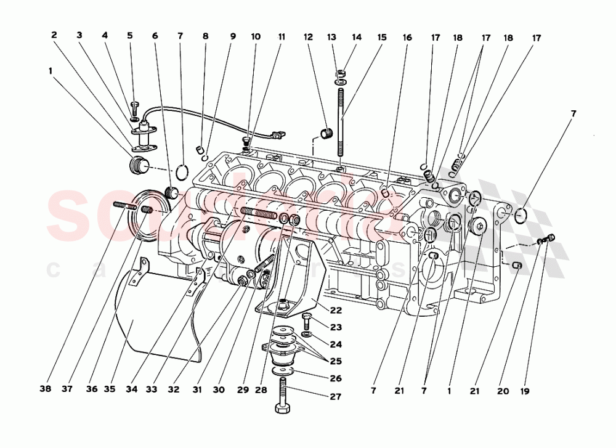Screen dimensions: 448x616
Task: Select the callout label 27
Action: [x=335, y=397]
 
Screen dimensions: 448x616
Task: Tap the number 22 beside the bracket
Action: [x=335, y=310]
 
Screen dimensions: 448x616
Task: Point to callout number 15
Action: [x=381, y=37]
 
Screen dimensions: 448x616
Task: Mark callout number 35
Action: [x=110, y=390]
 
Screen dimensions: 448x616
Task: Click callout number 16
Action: [x=407, y=37]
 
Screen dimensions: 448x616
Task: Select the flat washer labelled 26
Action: [x=283, y=373]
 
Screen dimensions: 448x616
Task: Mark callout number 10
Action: [x=255, y=37]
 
